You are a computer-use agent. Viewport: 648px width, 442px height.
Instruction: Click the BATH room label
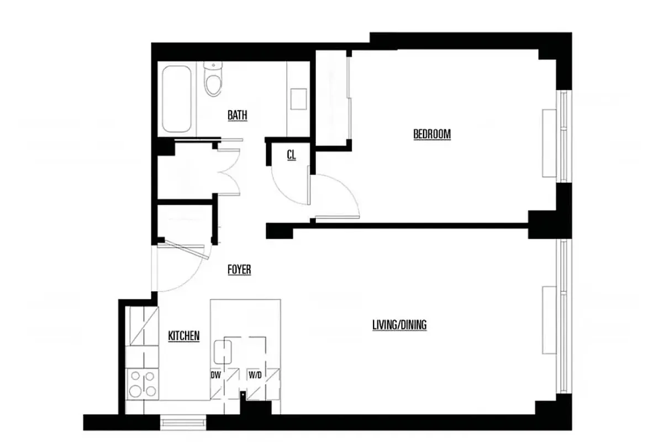coord(238,115)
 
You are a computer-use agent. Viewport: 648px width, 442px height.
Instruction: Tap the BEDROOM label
coord(432,134)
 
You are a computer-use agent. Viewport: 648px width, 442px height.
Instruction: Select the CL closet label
coord(291,155)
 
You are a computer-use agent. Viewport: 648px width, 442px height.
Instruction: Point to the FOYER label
coord(239,270)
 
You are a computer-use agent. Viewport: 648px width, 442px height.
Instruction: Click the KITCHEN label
coord(183,336)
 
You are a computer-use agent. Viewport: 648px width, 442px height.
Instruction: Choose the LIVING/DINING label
coord(399,325)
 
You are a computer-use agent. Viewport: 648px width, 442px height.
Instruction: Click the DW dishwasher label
coord(215,375)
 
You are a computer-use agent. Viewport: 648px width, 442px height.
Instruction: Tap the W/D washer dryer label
coord(255,375)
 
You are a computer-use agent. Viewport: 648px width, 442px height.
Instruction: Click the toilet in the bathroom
coord(212,79)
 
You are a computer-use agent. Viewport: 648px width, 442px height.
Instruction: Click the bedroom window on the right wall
coord(562,136)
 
